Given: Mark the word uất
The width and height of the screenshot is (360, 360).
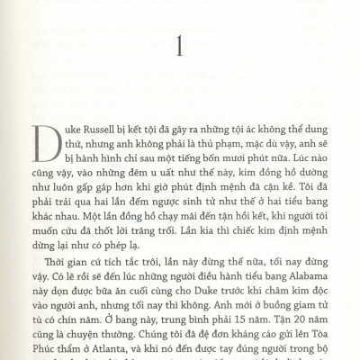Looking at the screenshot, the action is tap(146, 181).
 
